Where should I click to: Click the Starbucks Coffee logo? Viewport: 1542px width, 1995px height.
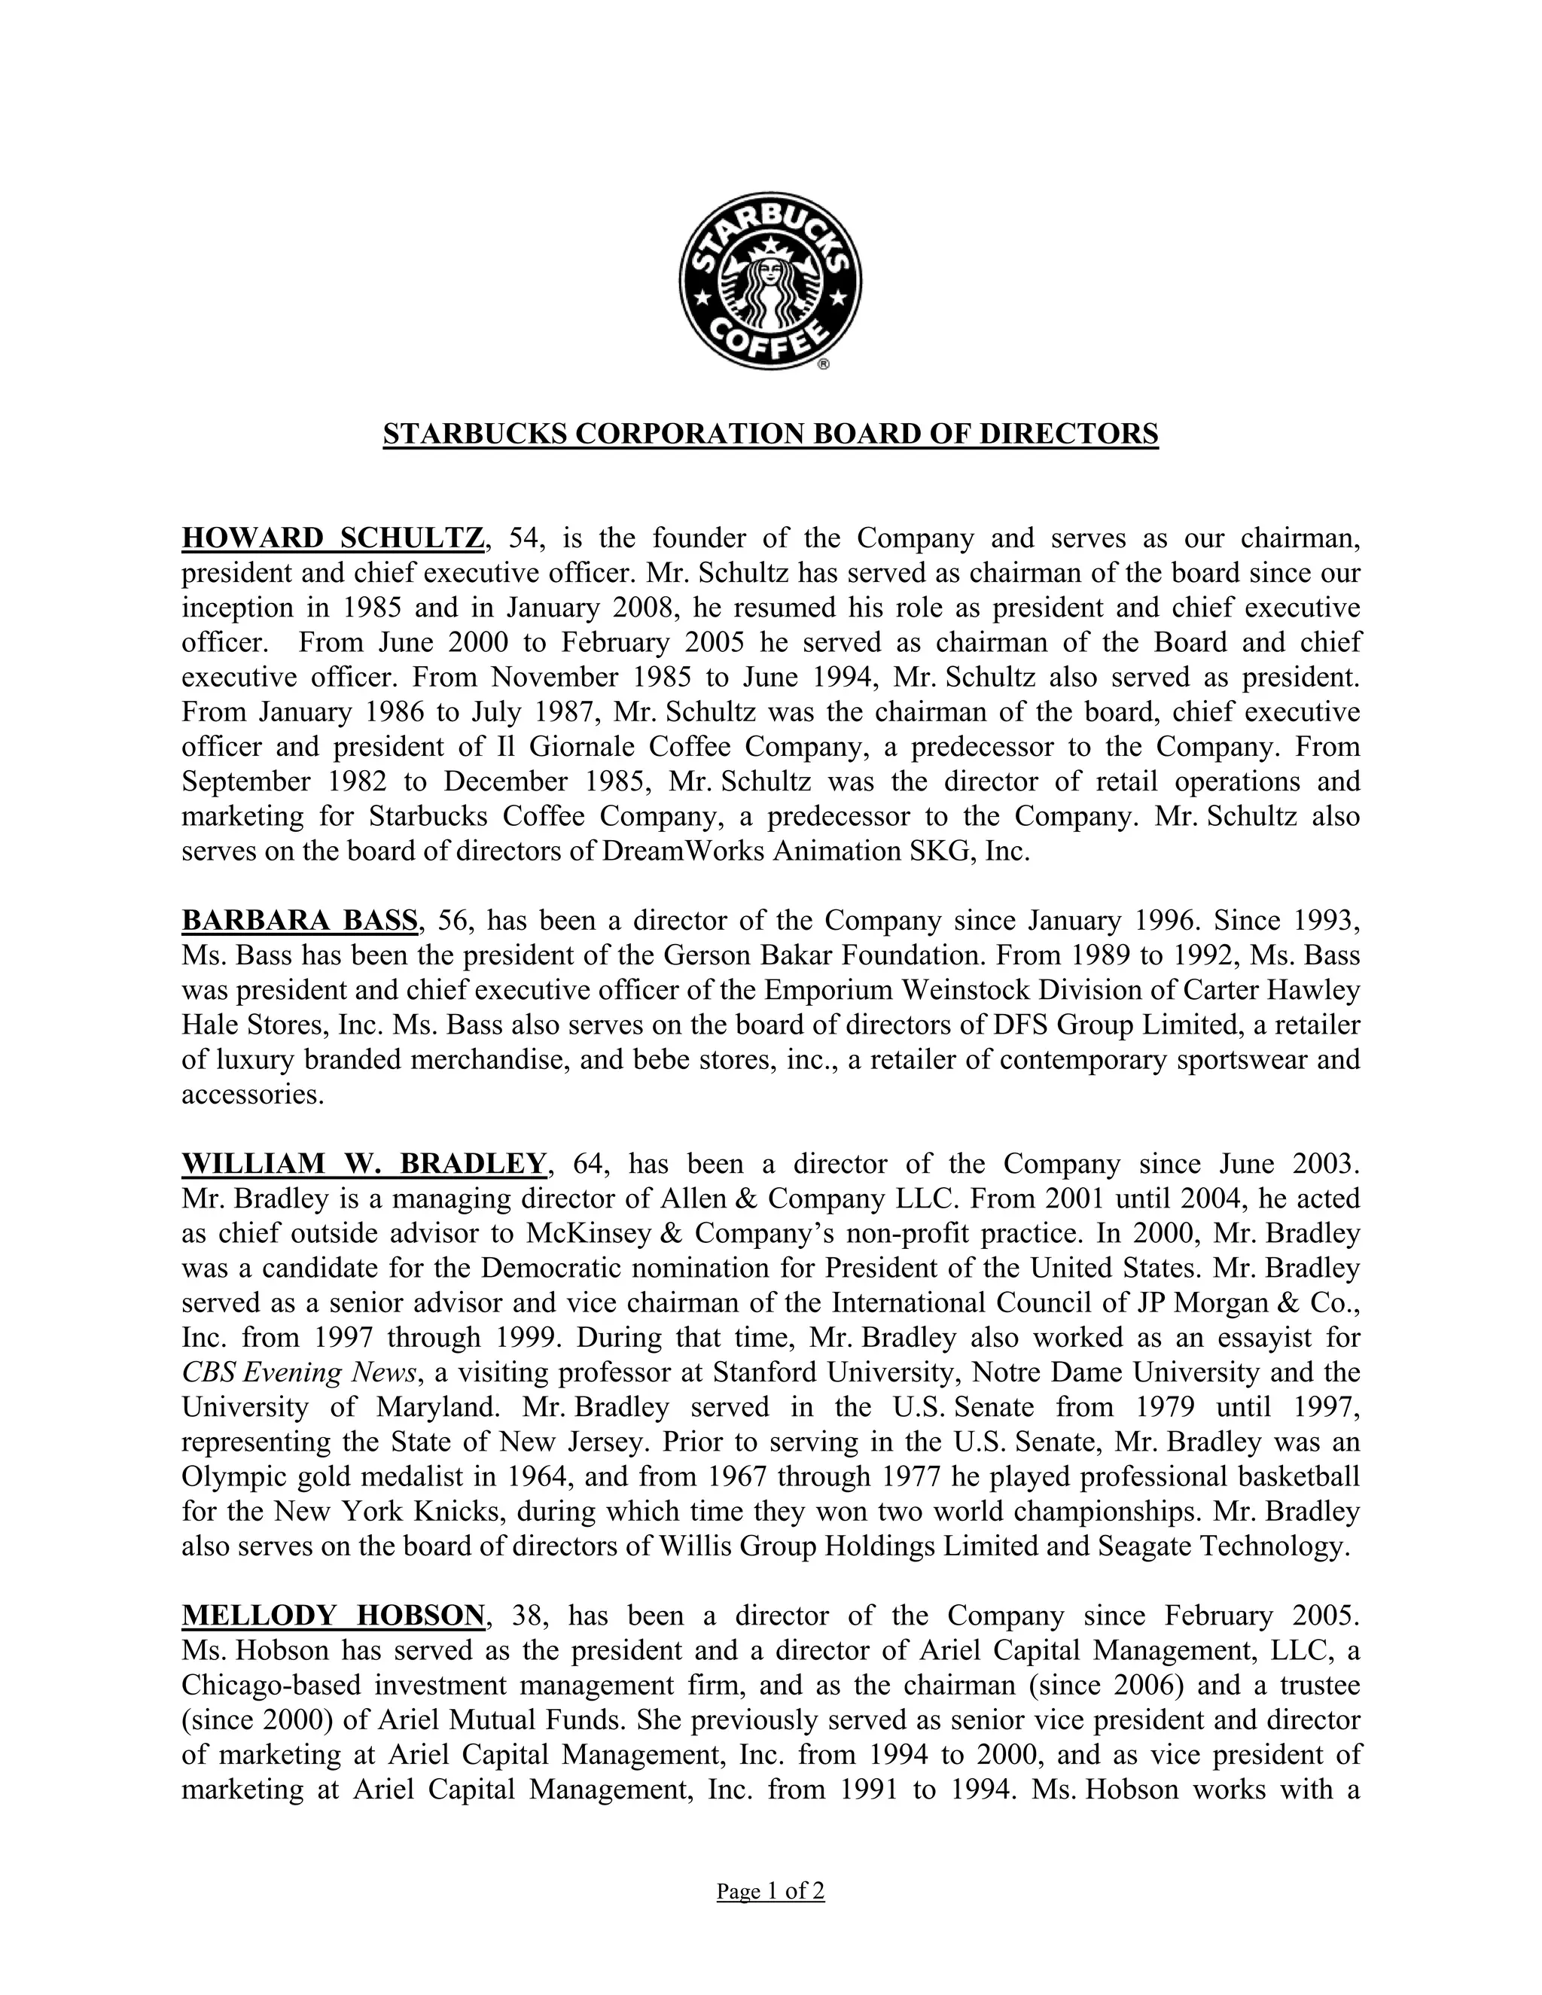tap(769, 281)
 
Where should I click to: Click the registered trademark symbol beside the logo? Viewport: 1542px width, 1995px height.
tap(823, 364)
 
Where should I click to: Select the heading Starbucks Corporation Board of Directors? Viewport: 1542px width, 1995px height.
tap(770, 433)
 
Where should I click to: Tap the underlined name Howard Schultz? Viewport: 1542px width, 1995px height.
tap(333, 539)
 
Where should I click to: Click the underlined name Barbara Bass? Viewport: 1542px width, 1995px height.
tap(300, 920)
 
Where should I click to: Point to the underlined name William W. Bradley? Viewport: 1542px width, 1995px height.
tap(364, 1164)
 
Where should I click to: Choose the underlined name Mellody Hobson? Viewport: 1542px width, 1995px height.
tap(333, 1616)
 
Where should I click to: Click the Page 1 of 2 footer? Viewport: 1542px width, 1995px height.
tap(770, 1891)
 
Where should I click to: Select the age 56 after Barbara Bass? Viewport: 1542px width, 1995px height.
tap(453, 920)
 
